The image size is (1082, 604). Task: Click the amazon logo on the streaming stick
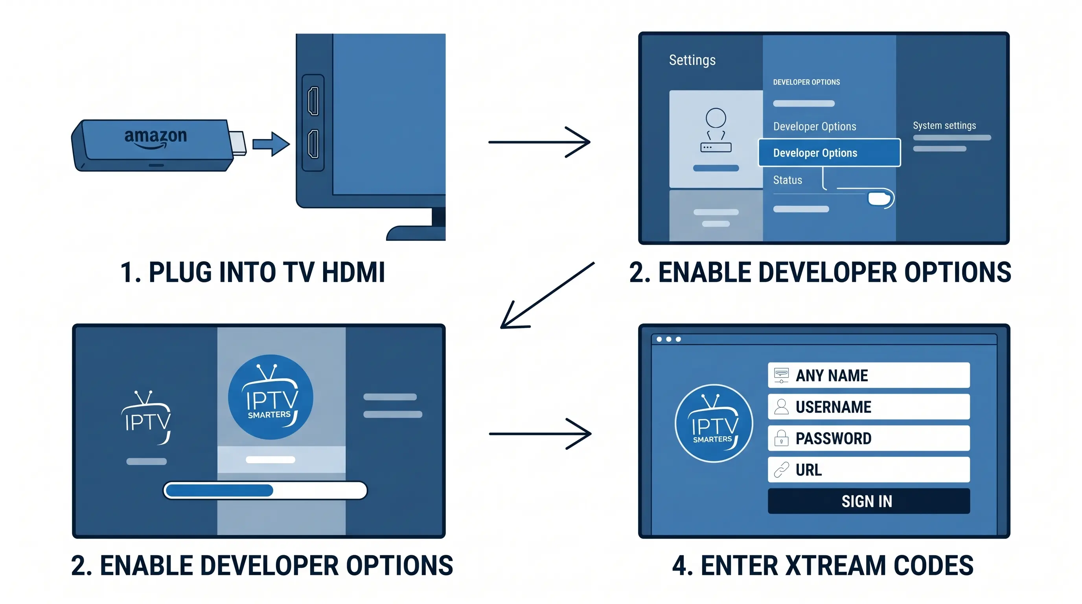(x=155, y=138)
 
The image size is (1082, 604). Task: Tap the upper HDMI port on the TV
(x=313, y=101)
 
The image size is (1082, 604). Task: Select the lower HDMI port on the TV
(x=313, y=144)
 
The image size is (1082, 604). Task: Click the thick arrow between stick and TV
(x=271, y=144)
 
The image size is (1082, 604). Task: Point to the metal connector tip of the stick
(x=238, y=143)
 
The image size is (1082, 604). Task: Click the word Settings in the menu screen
(x=692, y=60)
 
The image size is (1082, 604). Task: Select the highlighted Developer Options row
(x=829, y=153)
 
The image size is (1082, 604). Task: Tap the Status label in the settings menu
(x=788, y=180)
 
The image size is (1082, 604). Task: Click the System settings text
(x=944, y=125)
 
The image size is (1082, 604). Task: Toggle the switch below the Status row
(x=880, y=198)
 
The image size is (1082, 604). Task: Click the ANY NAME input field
(x=869, y=375)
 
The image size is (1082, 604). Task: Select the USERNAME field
(x=869, y=407)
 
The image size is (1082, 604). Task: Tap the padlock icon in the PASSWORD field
(x=781, y=438)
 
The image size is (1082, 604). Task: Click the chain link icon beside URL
(x=781, y=470)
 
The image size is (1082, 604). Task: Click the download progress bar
(x=265, y=490)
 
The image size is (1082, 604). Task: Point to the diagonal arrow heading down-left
(x=547, y=295)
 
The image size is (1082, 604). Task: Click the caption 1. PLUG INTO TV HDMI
(x=252, y=272)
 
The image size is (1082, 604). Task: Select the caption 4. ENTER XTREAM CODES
(x=823, y=565)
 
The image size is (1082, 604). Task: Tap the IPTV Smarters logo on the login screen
(x=714, y=424)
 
